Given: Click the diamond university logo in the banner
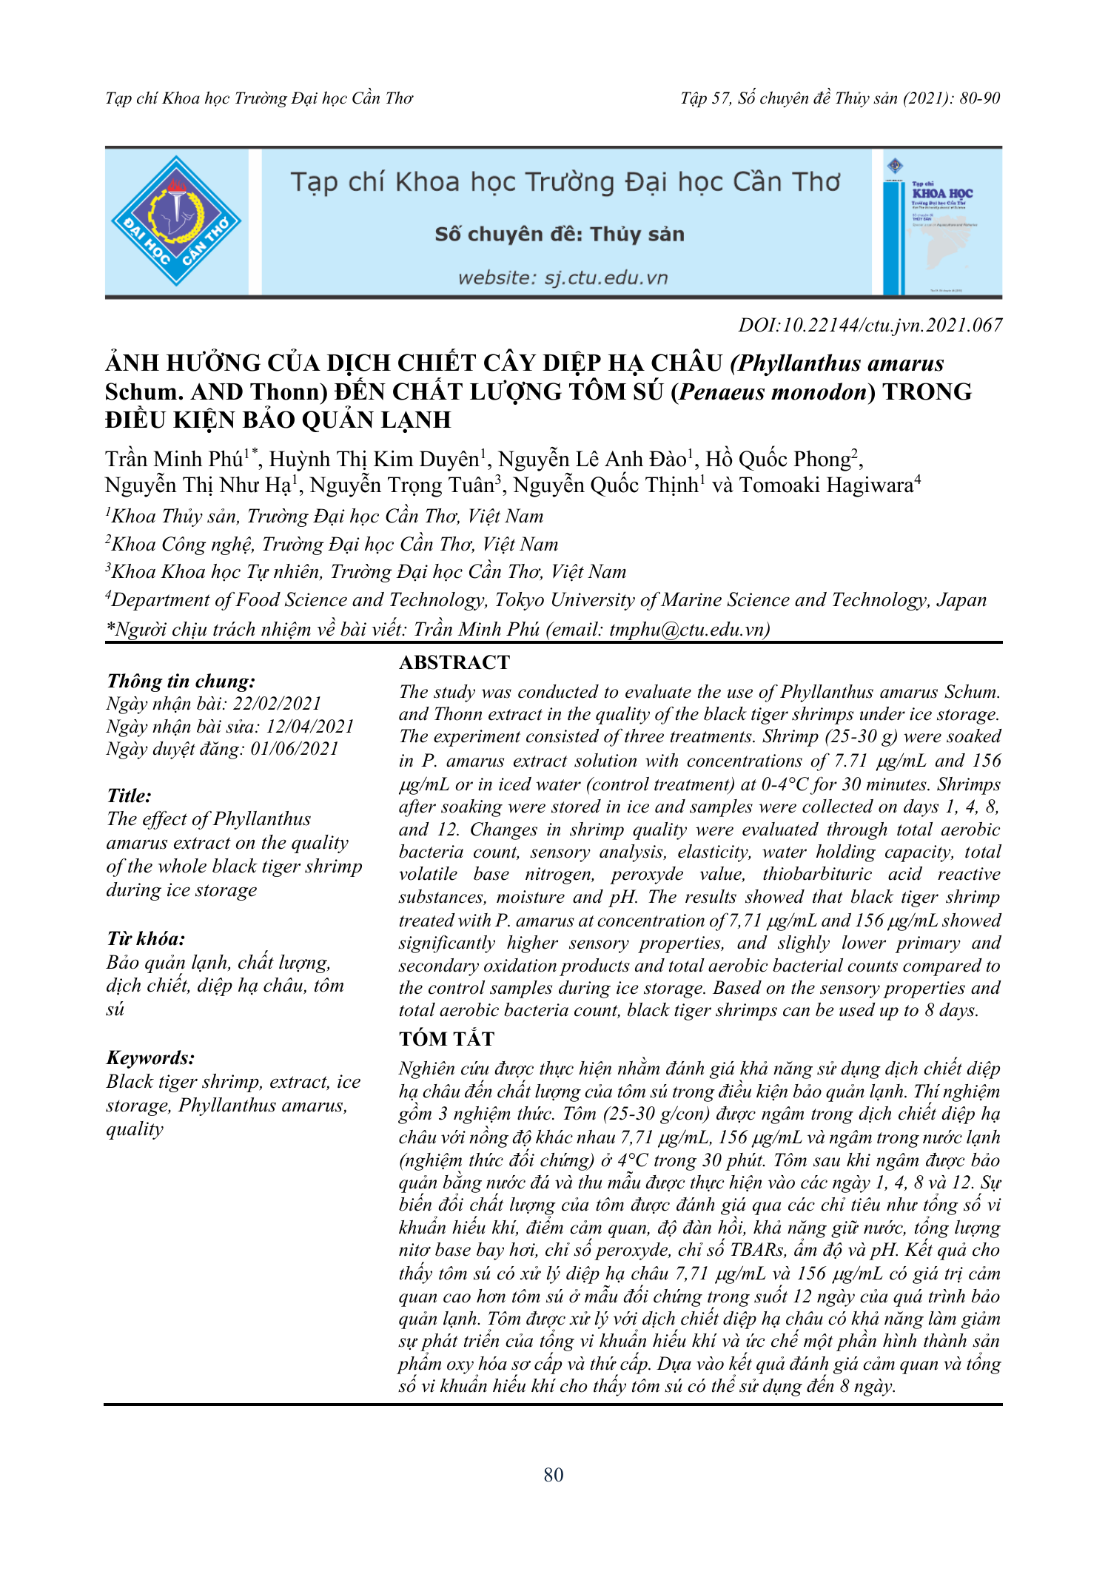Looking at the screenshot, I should [x=176, y=221].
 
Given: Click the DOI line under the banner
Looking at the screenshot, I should [x=870, y=325].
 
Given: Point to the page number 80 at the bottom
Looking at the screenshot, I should [x=554, y=1475].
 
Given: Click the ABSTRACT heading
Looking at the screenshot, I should [x=454, y=662].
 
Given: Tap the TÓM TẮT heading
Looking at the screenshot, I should [x=446, y=1039].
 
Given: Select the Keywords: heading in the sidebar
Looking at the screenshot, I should [x=150, y=1057].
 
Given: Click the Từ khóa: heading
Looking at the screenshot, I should [x=146, y=939].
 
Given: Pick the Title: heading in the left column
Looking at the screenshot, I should [x=129, y=796].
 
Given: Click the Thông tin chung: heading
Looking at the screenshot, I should [x=181, y=681].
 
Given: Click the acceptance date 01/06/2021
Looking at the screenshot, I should [x=295, y=749].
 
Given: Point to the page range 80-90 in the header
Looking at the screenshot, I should [x=979, y=98].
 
